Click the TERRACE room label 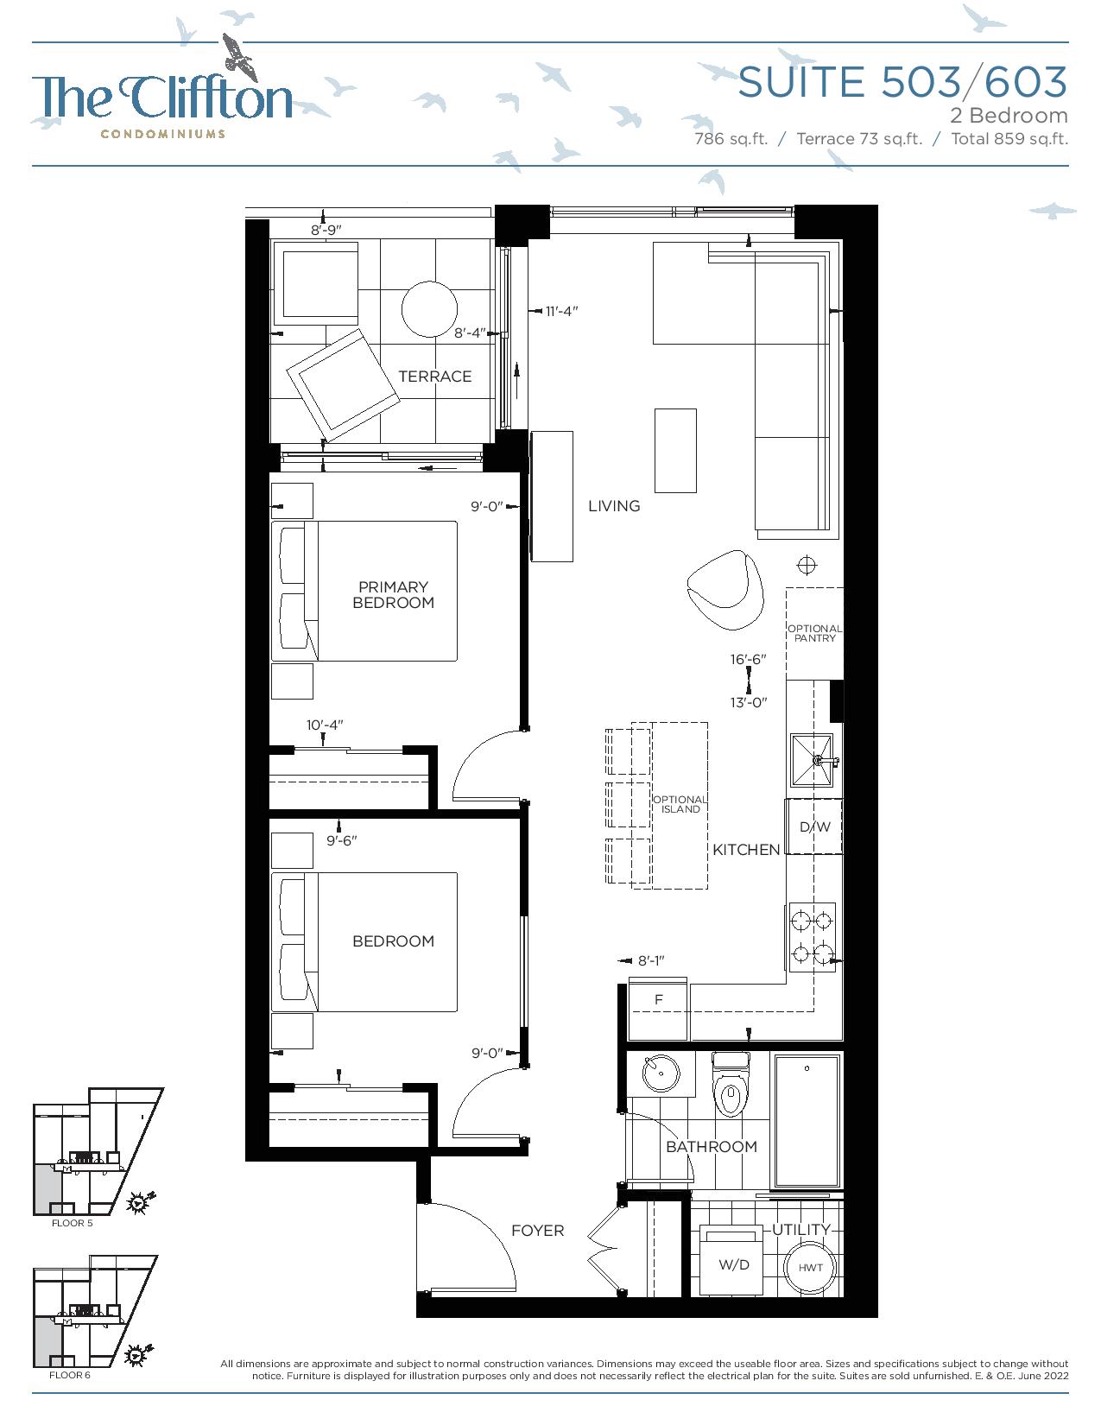[434, 377]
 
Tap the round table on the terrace [429, 309]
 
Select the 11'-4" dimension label [561, 311]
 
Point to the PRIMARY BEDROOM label [394, 595]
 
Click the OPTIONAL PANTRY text [814, 633]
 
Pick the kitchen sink [813, 760]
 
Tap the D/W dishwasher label [814, 827]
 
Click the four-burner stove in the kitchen [812, 937]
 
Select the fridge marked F [658, 1010]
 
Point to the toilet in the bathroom [731, 1085]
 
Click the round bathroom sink [661, 1073]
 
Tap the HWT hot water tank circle [811, 1268]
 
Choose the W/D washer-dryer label [734, 1265]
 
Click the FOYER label [538, 1231]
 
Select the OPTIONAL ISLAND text [680, 804]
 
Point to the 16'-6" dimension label [748, 659]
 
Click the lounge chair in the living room [726, 590]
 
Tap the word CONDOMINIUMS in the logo [163, 134]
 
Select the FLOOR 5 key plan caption [73, 1223]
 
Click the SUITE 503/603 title [902, 82]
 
